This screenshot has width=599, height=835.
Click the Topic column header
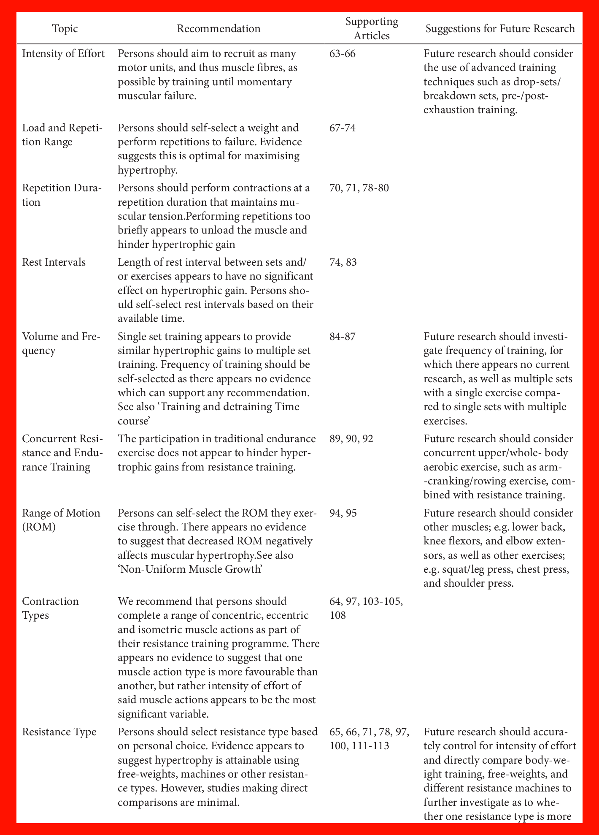pyautogui.click(x=65, y=29)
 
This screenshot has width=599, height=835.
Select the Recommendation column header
pyautogui.click(x=219, y=29)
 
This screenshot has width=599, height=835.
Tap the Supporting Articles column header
pyautogui.click(x=372, y=28)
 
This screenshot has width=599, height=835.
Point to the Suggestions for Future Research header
pyautogui.click(x=500, y=29)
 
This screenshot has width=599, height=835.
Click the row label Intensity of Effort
pyautogui.click(x=63, y=54)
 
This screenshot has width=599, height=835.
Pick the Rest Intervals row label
pyautogui.click(x=54, y=262)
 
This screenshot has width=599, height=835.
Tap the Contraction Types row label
pyautogui.click(x=50, y=608)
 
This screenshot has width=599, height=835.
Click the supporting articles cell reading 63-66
pyautogui.click(x=342, y=54)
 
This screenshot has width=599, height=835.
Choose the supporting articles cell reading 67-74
pyautogui.click(x=342, y=128)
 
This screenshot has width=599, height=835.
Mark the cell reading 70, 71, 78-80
pyautogui.click(x=359, y=188)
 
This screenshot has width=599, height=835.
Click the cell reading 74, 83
pyautogui.click(x=343, y=262)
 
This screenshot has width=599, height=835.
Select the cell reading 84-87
pyautogui.click(x=342, y=337)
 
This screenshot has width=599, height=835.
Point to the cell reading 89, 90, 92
pyautogui.click(x=351, y=439)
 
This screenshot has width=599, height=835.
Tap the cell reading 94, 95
pyautogui.click(x=343, y=513)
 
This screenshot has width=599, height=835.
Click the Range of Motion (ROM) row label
pyautogui.click(x=61, y=520)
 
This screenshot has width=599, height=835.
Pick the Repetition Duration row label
pyautogui.click(x=62, y=195)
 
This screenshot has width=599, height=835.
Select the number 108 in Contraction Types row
pyautogui.click(x=337, y=615)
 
